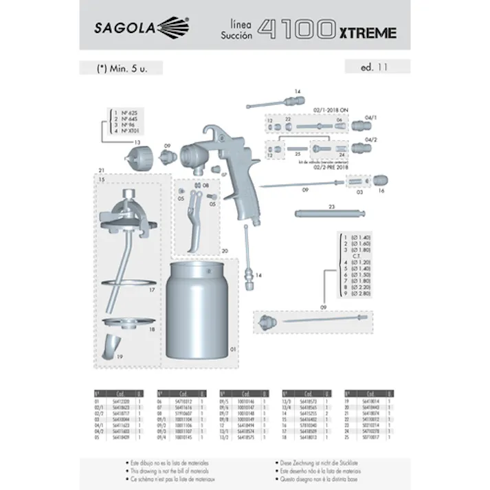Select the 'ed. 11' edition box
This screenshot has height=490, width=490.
click(377, 67)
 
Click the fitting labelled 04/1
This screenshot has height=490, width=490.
click(361, 127)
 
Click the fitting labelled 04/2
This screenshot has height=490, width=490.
click(361, 148)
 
